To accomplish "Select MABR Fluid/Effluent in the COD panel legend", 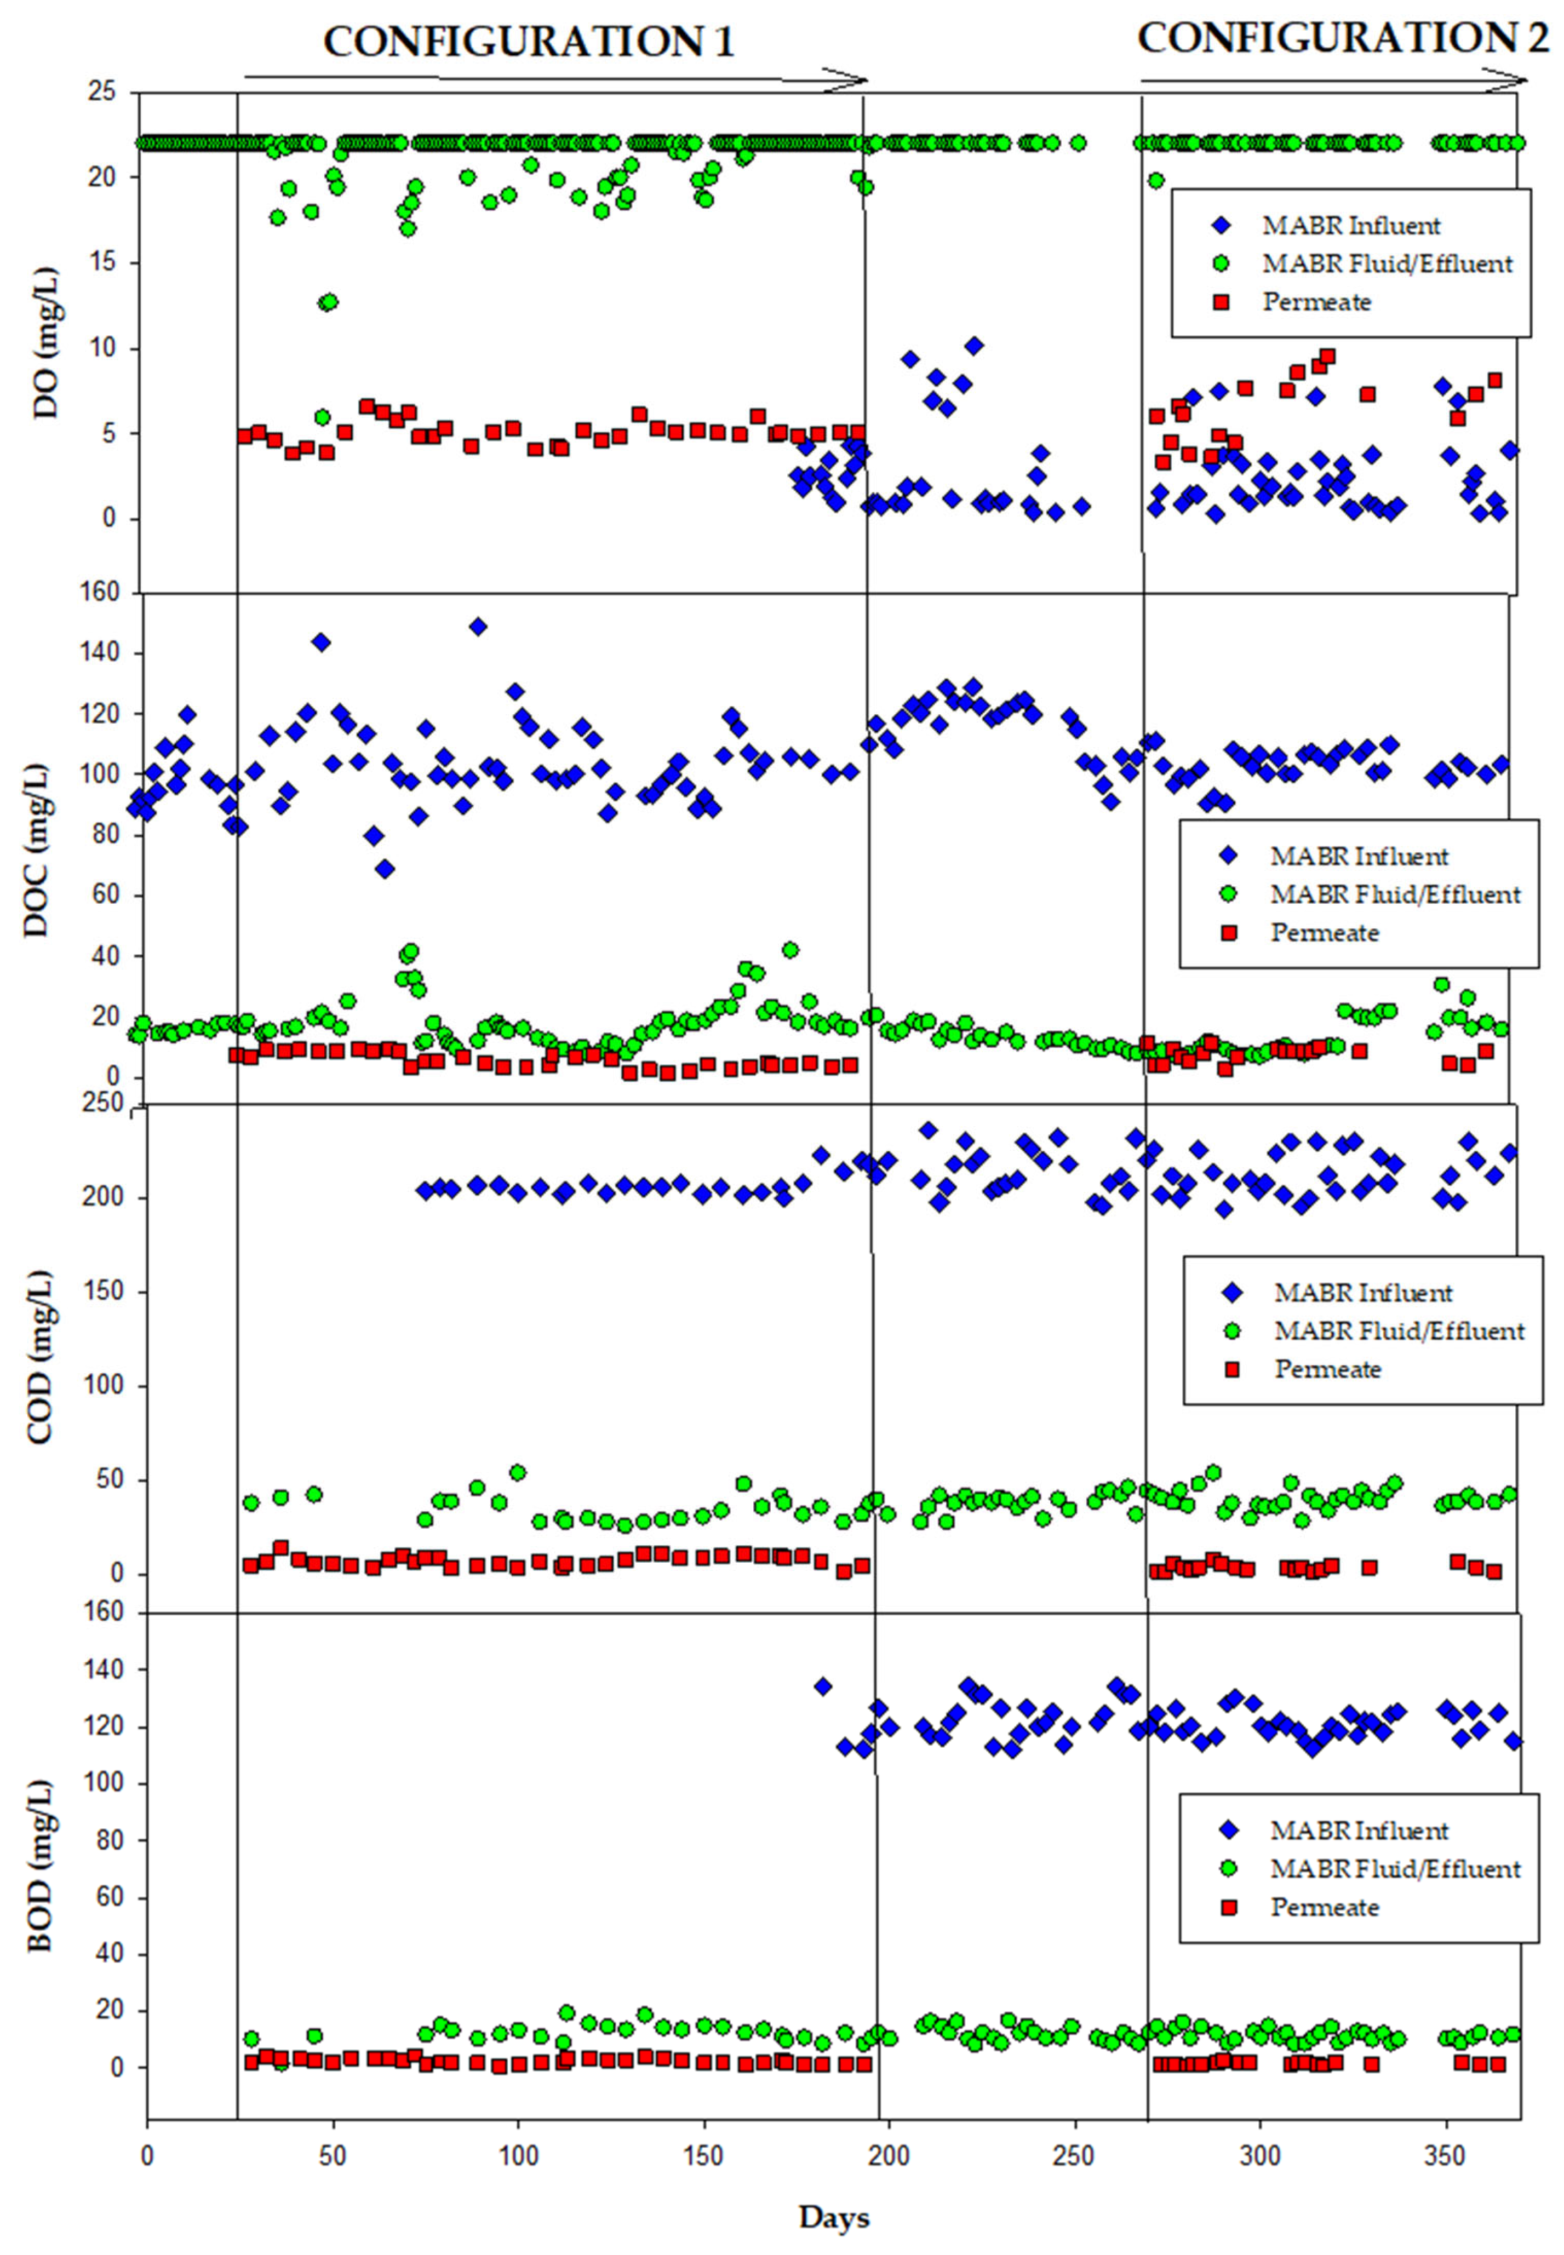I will pos(1399,1330).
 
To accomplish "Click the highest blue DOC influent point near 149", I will pos(478,626).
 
